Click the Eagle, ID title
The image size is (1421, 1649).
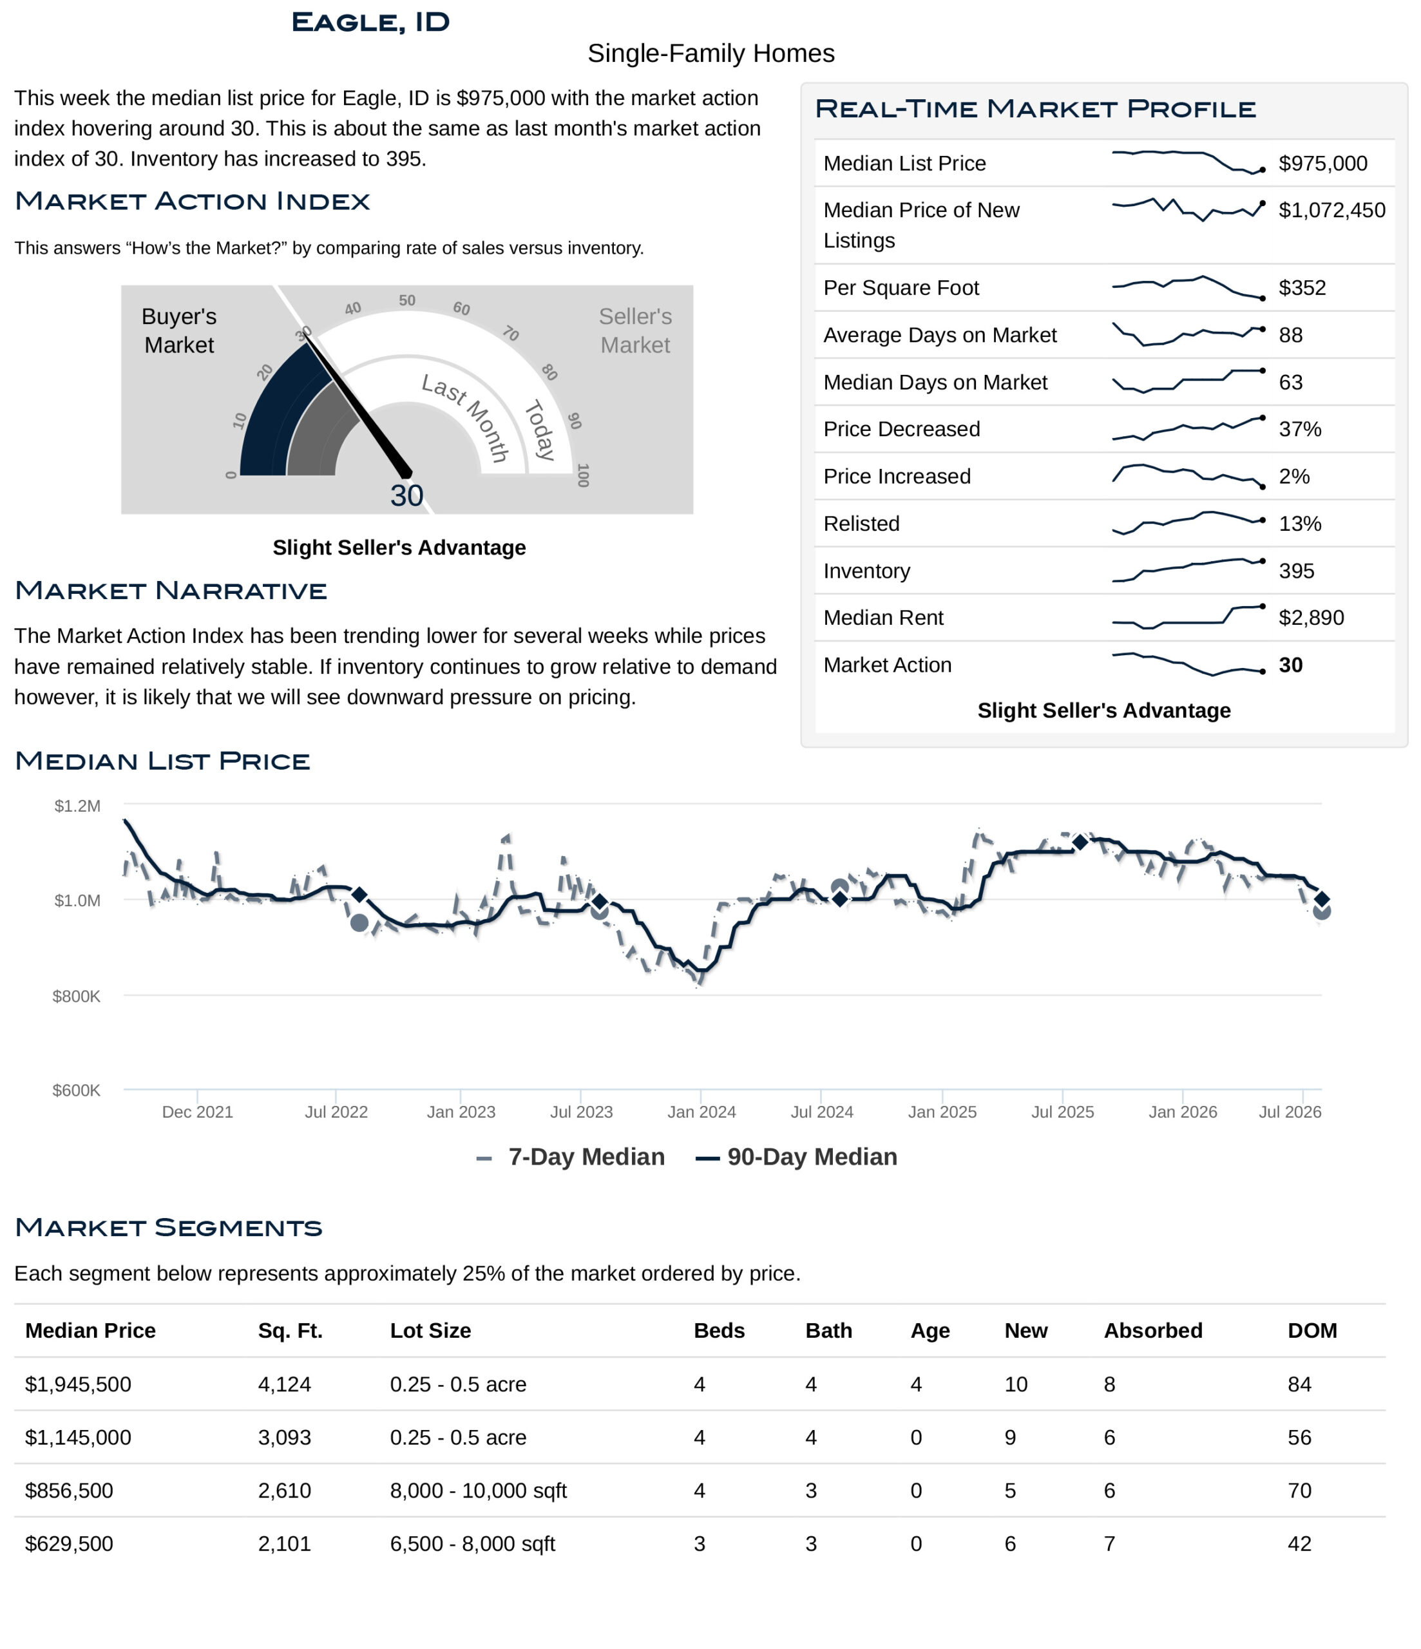[370, 23]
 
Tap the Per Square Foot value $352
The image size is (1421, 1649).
[1302, 287]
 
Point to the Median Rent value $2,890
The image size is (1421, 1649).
[1310, 618]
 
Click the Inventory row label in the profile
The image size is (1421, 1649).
[866, 571]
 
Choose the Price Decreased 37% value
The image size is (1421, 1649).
[1299, 429]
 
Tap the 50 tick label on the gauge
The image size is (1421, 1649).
[407, 300]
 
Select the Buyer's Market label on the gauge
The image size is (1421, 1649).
[179, 330]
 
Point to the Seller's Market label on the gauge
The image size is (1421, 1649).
[635, 330]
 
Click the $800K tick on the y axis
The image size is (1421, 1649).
[77, 996]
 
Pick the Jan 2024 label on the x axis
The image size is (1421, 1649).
[701, 1112]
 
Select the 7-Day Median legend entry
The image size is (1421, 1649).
[570, 1157]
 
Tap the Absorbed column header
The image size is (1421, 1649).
[1153, 1331]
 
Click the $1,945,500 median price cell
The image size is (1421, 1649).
[78, 1384]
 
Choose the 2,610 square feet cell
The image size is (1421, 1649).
[284, 1491]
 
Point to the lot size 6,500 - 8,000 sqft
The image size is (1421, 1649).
[472, 1544]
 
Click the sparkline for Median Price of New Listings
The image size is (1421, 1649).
[1188, 209]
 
